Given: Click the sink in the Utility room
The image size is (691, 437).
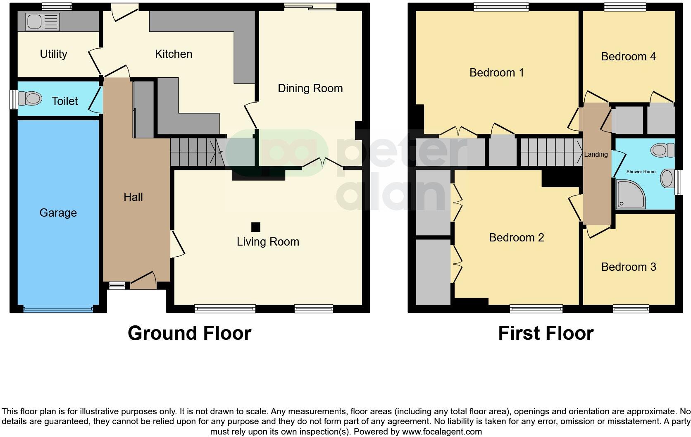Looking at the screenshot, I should tap(43, 21).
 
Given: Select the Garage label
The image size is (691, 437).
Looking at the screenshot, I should tap(58, 213).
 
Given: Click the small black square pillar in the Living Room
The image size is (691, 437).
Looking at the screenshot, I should tap(256, 227).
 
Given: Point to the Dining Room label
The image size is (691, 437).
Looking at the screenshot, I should tap(310, 88).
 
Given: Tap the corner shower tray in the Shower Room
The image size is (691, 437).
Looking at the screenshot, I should tap(630, 193).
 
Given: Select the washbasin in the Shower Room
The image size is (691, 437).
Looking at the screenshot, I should tap(667, 179).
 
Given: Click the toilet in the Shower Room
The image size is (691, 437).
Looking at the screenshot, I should tap(663, 150).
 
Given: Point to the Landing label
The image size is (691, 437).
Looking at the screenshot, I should tap(596, 154).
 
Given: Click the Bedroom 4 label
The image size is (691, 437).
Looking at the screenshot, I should tap(628, 56).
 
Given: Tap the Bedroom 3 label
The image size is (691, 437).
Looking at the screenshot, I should tap(628, 267).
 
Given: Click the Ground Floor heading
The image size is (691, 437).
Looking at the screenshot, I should tap(189, 333).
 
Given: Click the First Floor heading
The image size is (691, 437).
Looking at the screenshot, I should tap(546, 333).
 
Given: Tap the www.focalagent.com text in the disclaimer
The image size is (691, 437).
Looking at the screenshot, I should tap(441, 432).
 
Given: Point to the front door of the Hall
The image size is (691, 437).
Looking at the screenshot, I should tap(143, 284).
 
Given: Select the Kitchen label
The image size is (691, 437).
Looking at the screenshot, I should tap(173, 54).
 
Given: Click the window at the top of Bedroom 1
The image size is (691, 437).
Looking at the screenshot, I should tap(501, 7).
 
